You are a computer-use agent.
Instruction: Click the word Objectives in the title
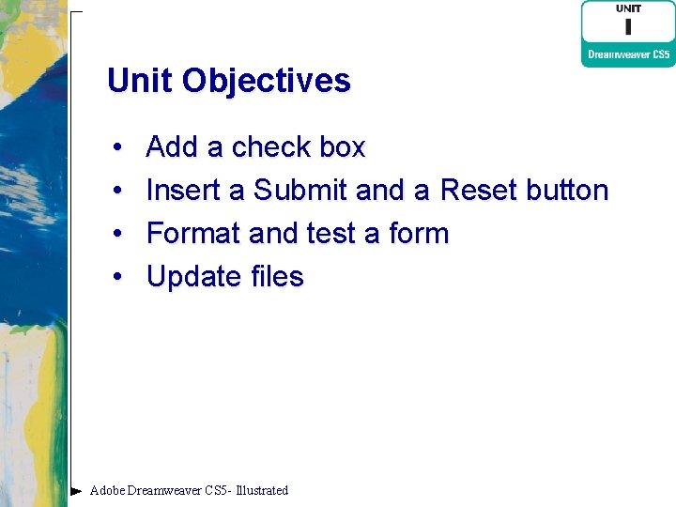coord(266,81)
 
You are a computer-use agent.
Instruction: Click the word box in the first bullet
coord(342,147)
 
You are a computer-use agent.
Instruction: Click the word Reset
coord(479,191)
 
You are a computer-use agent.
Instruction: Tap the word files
coord(277,277)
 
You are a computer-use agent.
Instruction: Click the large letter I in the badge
coord(628,27)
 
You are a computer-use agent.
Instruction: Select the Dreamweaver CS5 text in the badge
coord(628,54)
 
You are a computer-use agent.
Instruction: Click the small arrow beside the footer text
coord(77,490)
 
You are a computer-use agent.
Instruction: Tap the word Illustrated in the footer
coord(262,490)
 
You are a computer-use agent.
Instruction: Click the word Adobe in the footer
coord(107,490)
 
